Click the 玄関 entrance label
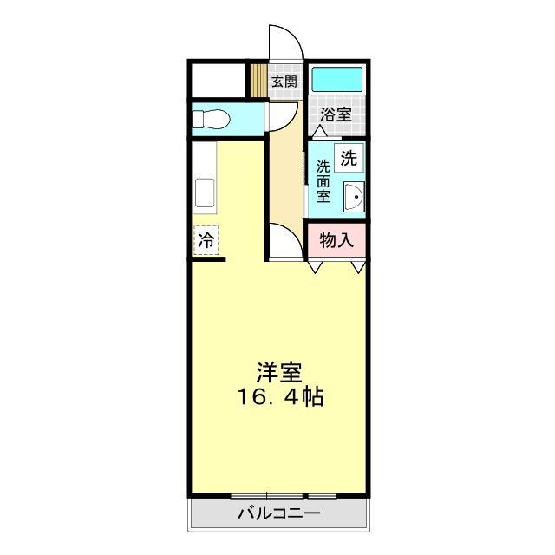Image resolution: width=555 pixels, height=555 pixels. coord(284,82)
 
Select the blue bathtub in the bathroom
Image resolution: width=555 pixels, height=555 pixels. coord(336,81)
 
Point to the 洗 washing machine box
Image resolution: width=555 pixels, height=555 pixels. coord(349,159)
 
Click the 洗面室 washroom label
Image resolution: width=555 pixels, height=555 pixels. coord(323,180)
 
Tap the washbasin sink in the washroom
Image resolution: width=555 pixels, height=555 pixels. coord(353,199)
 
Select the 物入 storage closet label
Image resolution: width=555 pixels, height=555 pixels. coord(336,240)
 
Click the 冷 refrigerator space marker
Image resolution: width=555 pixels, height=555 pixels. coord(206,239)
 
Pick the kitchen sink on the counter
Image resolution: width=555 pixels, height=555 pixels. coord(206,192)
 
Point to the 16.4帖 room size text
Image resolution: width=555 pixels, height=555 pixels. coord(281,398)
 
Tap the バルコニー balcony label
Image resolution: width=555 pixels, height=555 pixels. coord(279,513)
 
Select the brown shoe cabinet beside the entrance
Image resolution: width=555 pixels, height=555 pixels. coord(258,81)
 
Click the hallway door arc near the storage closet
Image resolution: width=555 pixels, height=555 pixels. coord(284,238)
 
